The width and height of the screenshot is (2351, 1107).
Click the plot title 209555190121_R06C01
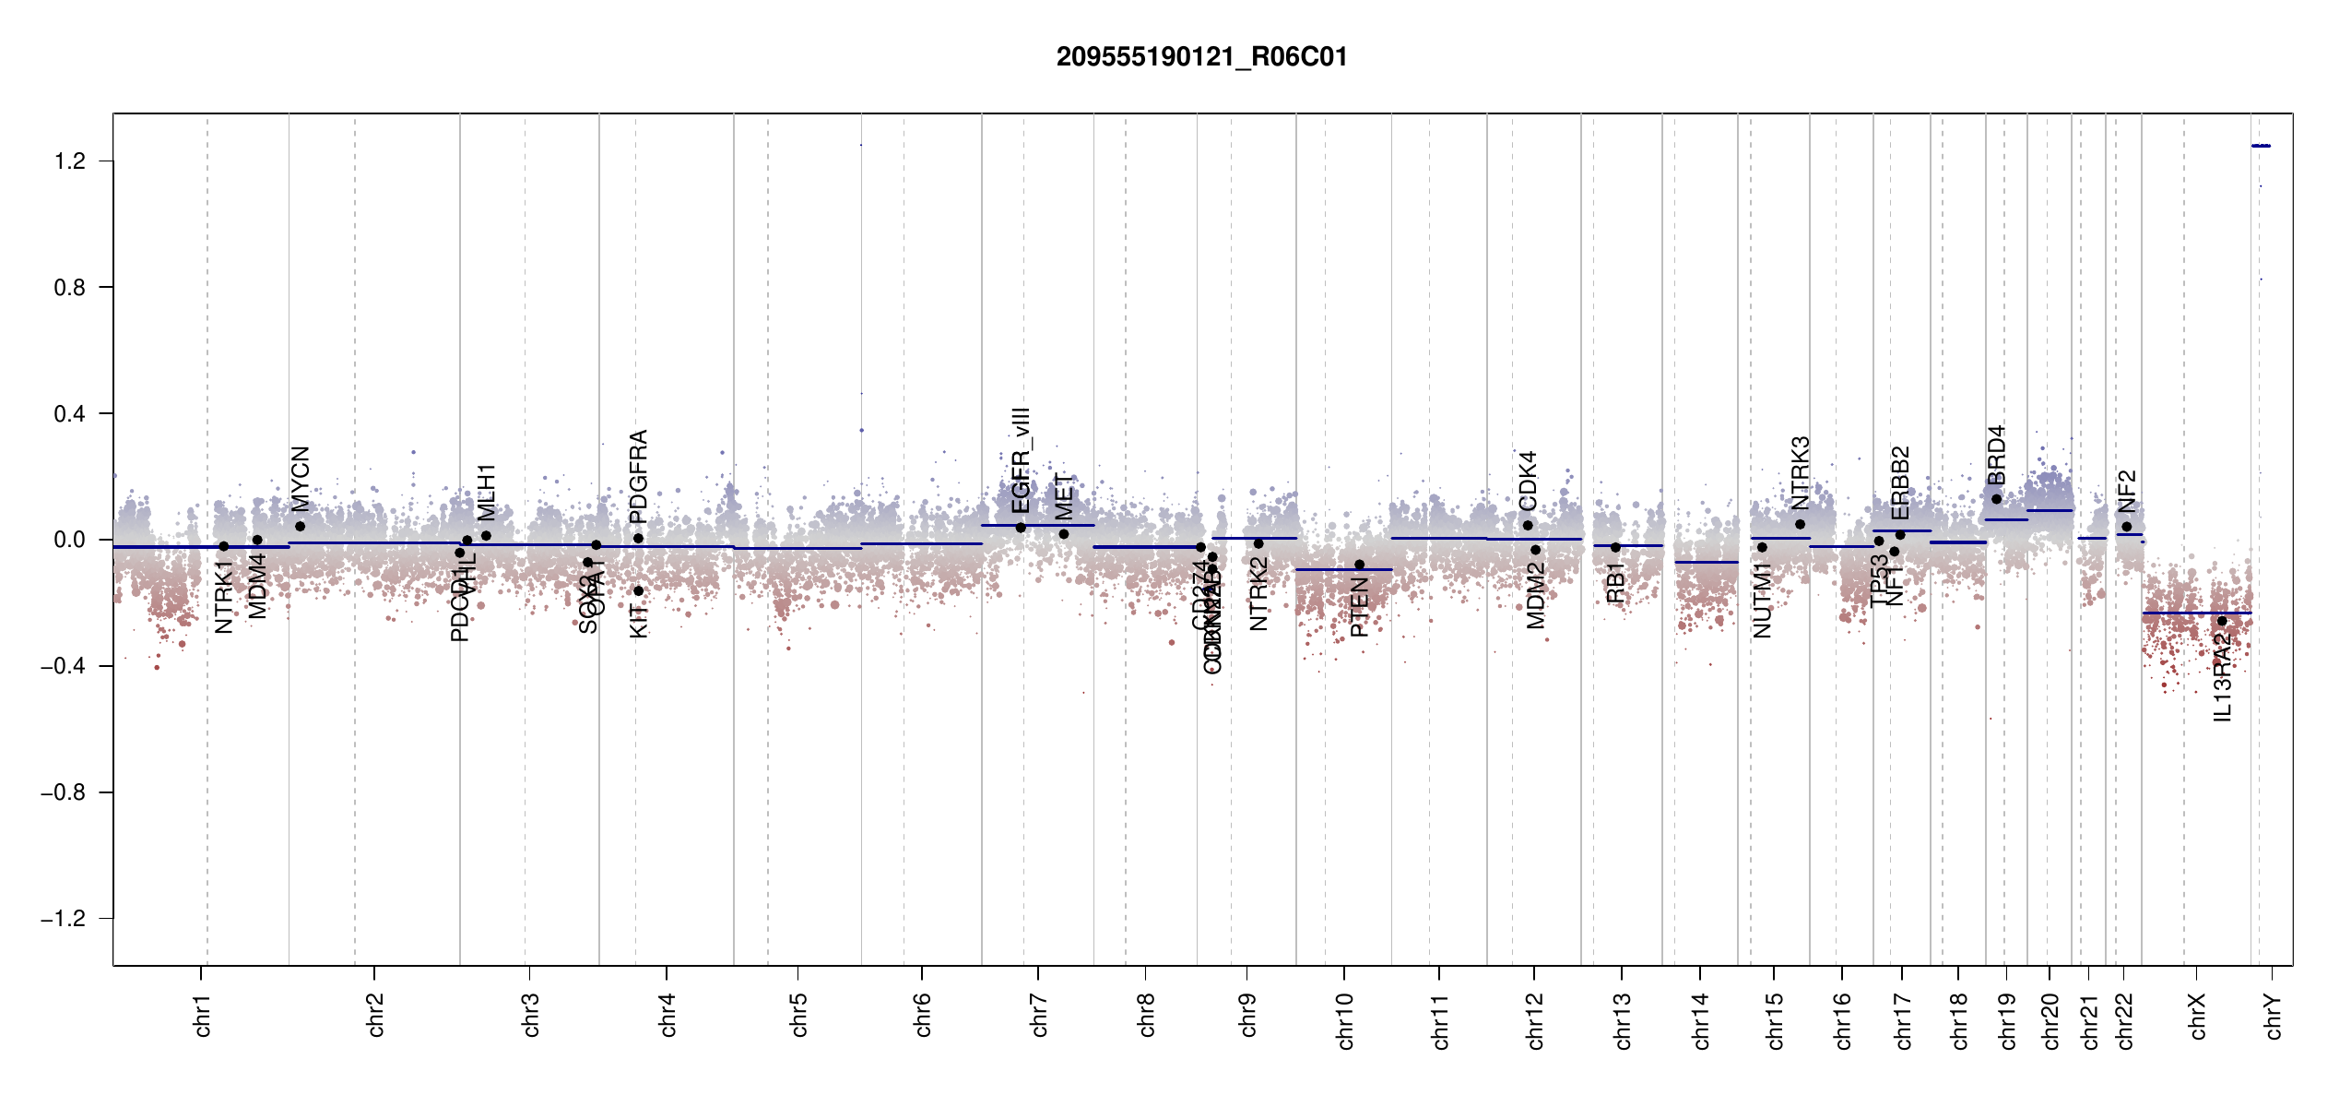click(x=1201, y=57)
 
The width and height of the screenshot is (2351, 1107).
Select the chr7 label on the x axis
click(x=1039, y=1015)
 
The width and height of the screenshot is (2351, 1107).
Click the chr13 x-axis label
click(x=1623, y=1020)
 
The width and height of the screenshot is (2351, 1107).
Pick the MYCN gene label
click(x=301, y=479)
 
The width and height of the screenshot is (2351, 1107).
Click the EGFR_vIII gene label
click(x=1021, y=460)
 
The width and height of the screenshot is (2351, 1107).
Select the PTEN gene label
click(x=1359, y=607)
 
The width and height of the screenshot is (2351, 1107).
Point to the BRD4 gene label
click(x=1996, y=455)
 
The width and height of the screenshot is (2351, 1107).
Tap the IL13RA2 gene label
click(x=2222, y=677)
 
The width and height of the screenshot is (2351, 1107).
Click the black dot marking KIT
click(x=638, y=591)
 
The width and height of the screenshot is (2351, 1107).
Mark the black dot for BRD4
click(x=1996, y=499)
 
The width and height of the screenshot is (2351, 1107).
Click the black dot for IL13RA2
click(x=2222, y=621)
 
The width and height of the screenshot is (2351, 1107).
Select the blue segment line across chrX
click(x=2194, y=613)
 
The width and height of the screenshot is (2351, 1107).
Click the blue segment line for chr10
click(x=1342, y=569)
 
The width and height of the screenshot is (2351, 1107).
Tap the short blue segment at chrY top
click(x=2261, y=146)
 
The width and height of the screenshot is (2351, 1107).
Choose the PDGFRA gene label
click(x=638, y=476)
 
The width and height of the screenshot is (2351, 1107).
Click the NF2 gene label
click(x=2127, y=491)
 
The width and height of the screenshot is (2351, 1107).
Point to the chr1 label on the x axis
click(x=202, y=1015)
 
